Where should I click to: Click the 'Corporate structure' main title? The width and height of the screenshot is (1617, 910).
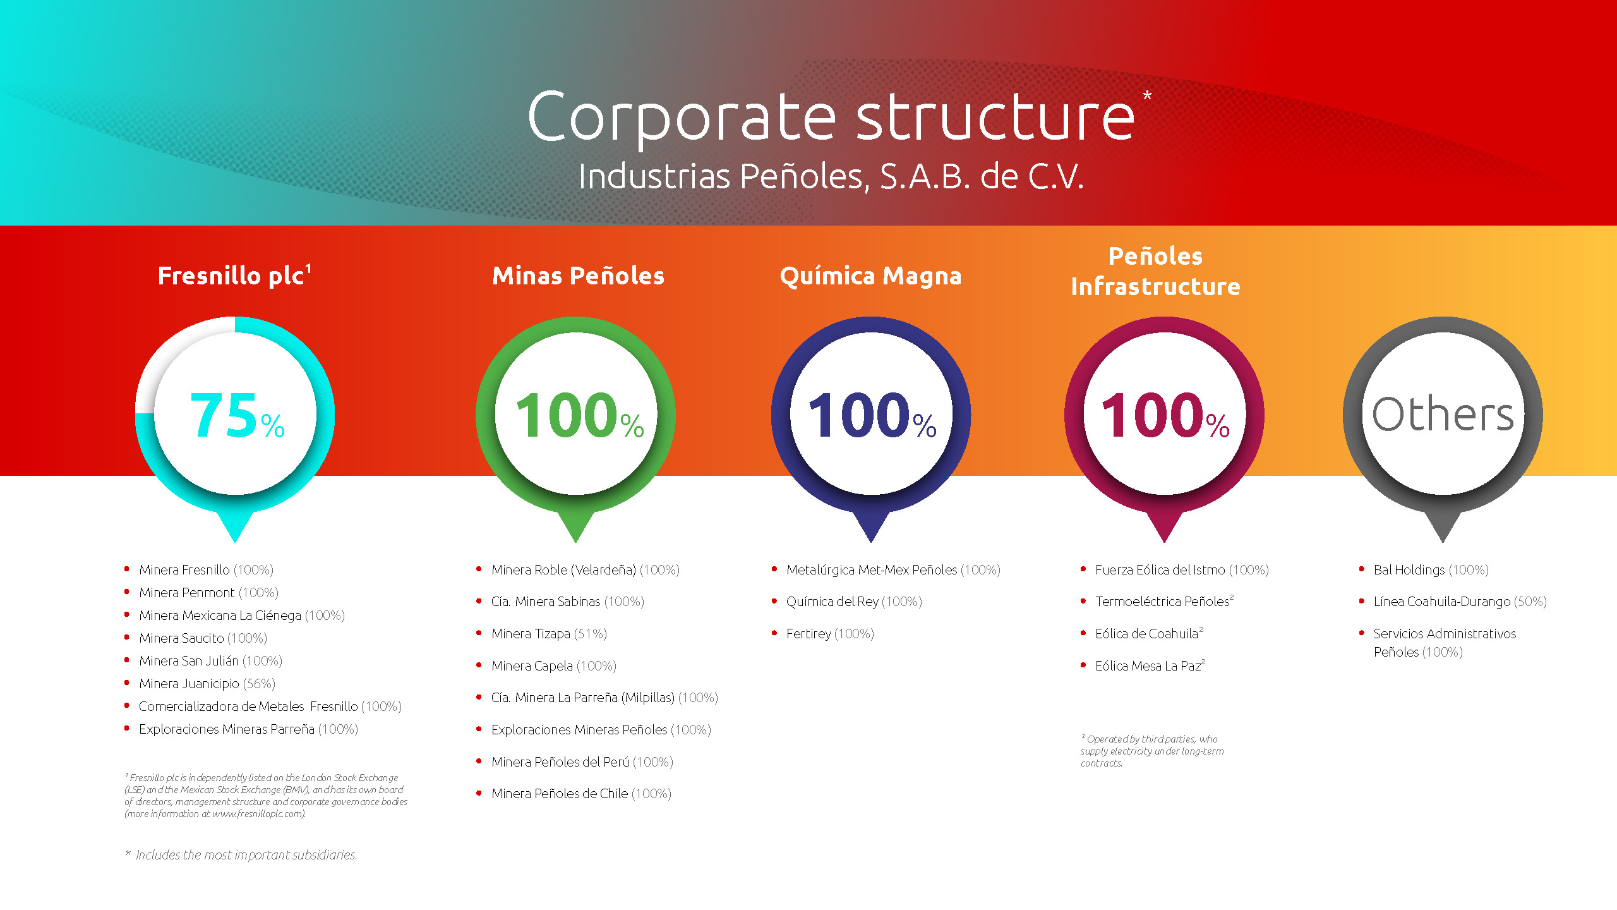click(x=831, y=118)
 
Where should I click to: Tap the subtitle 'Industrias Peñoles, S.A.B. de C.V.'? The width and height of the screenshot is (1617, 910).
click(x=831, y=176)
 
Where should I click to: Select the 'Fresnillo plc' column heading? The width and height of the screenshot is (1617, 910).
click(x=234, y=275)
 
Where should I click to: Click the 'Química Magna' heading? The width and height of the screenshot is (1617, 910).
click(x=870, y=276)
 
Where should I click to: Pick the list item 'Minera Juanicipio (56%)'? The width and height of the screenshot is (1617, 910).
click(x=207, y=684)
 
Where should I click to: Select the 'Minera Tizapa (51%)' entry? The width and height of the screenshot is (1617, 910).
click(x=549, y=634)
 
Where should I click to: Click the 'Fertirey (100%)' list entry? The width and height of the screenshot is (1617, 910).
click(x=830, y=634)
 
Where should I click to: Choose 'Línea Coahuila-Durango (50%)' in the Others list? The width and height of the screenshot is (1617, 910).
click(x=1460, y=602)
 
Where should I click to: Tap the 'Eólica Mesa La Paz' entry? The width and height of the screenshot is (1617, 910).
click(x=1150, y=665)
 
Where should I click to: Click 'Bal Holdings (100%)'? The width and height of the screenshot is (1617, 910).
click(x=1431, y=570)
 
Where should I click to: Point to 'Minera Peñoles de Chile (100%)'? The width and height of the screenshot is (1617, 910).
click(x=581, y=794)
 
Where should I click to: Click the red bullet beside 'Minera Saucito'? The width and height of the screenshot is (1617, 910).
click(x=127, y=637)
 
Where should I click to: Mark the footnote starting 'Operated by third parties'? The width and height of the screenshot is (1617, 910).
click(x=1152, y=751)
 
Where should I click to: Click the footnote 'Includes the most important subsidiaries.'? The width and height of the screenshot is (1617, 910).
click(x=241, y=855)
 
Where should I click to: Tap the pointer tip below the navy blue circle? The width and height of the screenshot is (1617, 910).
click(x=871, y=542)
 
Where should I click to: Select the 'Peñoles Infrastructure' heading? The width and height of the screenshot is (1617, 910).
click(x=1155, y=271)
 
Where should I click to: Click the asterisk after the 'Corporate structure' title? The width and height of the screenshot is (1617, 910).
click(x=1147, y=96)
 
